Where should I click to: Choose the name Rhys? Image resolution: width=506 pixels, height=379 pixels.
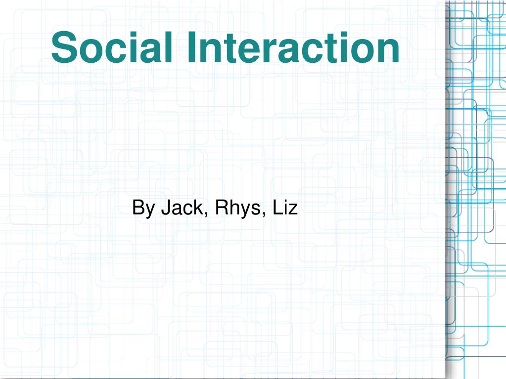[237, 209]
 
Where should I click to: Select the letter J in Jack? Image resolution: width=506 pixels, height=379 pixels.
[164, 208]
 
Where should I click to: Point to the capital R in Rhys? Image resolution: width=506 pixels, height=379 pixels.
[221, 208]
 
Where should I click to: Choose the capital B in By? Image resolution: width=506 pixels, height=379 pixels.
[138, 208]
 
